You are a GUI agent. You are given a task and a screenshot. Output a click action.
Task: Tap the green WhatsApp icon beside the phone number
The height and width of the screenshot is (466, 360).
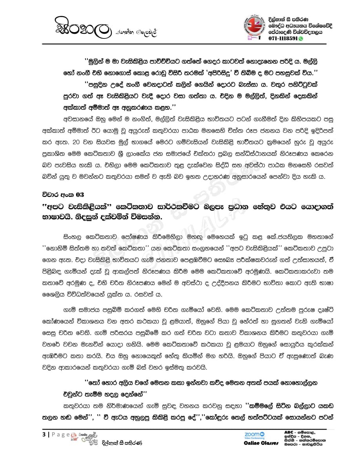[301, 39]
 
